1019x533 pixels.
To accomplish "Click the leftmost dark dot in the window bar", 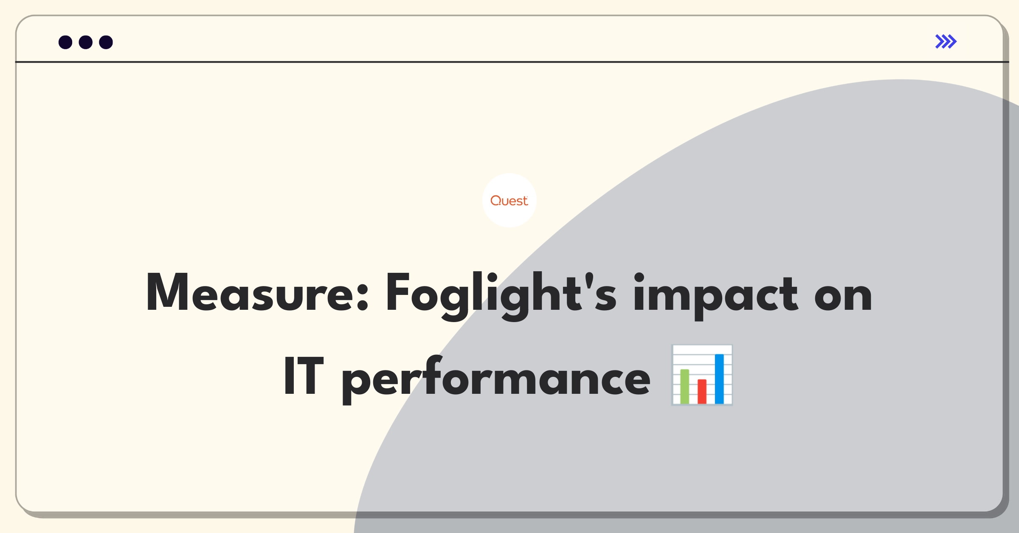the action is click(65, 42).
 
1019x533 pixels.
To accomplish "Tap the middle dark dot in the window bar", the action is click(86, 42).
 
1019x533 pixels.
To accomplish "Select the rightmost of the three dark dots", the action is click(106, 42).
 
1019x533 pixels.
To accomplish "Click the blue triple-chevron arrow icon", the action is click(946, 42).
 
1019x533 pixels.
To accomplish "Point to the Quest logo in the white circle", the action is click(509, 201).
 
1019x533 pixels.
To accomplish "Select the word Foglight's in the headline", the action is click(501, 295).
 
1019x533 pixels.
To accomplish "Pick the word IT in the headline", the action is click(304, 376).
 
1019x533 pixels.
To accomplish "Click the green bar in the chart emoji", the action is click(684, 387).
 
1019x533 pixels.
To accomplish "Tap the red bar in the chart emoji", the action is click(702, 392).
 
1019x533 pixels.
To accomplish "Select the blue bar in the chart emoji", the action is click(719, 379).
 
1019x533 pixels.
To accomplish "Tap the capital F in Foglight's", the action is click(397, 292).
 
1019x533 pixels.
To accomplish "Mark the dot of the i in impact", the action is click(639, 278).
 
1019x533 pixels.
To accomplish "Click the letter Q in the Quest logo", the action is click(496, 200).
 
